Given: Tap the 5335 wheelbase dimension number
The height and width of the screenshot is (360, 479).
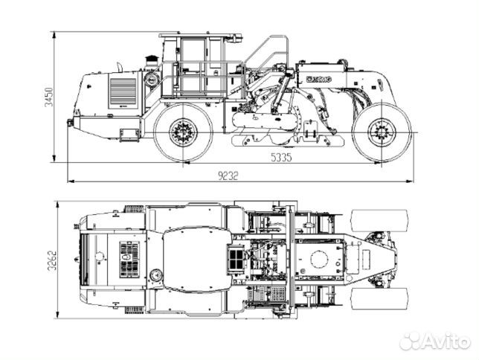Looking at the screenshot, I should point(280,157).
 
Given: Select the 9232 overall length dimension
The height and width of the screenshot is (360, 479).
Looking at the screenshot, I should point(229,176).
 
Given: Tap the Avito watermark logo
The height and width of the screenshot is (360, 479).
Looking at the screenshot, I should point(434,341).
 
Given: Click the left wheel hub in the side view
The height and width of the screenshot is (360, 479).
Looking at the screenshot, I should point(181,133).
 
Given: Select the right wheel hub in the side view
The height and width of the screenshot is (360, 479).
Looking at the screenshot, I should point(381,132).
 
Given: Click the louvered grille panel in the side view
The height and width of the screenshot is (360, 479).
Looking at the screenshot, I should point(123,92).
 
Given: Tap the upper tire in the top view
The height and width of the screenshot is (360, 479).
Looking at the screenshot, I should point(379,221).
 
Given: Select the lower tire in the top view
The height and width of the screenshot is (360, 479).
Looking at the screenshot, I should point(379,299).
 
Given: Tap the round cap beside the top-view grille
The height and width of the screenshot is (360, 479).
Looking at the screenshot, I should point(155,275).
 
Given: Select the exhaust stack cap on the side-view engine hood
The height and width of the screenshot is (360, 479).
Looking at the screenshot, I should point(151,57).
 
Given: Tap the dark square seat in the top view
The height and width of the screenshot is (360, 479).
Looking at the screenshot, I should point(235,259).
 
